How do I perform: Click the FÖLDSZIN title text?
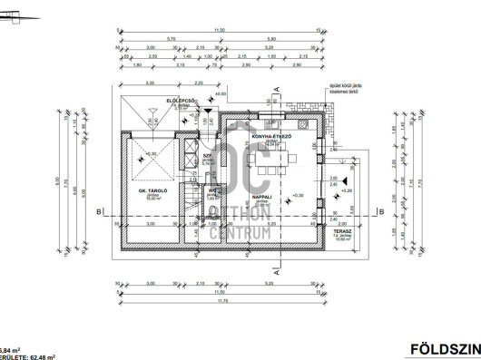tap(445, 348)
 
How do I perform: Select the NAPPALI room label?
tap(263, 196)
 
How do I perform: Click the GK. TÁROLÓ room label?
tap(149, 191)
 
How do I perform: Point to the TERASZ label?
tap(343, 232)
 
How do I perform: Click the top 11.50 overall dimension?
tap(218, 30)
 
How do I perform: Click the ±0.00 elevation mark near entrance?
tap(220, 93)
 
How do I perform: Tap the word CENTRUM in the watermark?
tap(240, 233)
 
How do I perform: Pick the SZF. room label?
tap(208, 155)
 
